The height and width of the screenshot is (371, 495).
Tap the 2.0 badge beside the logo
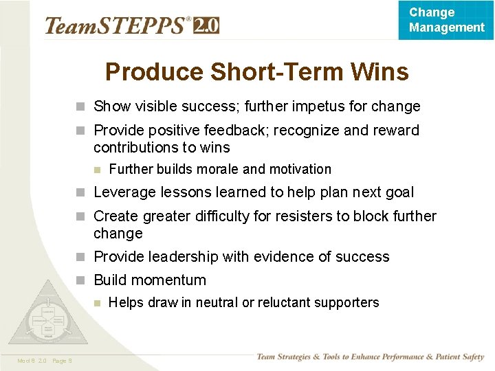pyautogui.click(x=206, y=25)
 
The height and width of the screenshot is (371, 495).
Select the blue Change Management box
pyautogui.click(x=445, y=20)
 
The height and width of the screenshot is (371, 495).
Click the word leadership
pyautogui.click(x=197, y=257)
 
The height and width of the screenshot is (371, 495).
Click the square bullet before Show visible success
pyautogui.click(x=80, y=107)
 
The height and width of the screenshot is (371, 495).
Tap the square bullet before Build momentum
pyautogui.click(x=80, y=280)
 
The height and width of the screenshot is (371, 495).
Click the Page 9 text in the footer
pyautogui.click(x=61, y=361)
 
